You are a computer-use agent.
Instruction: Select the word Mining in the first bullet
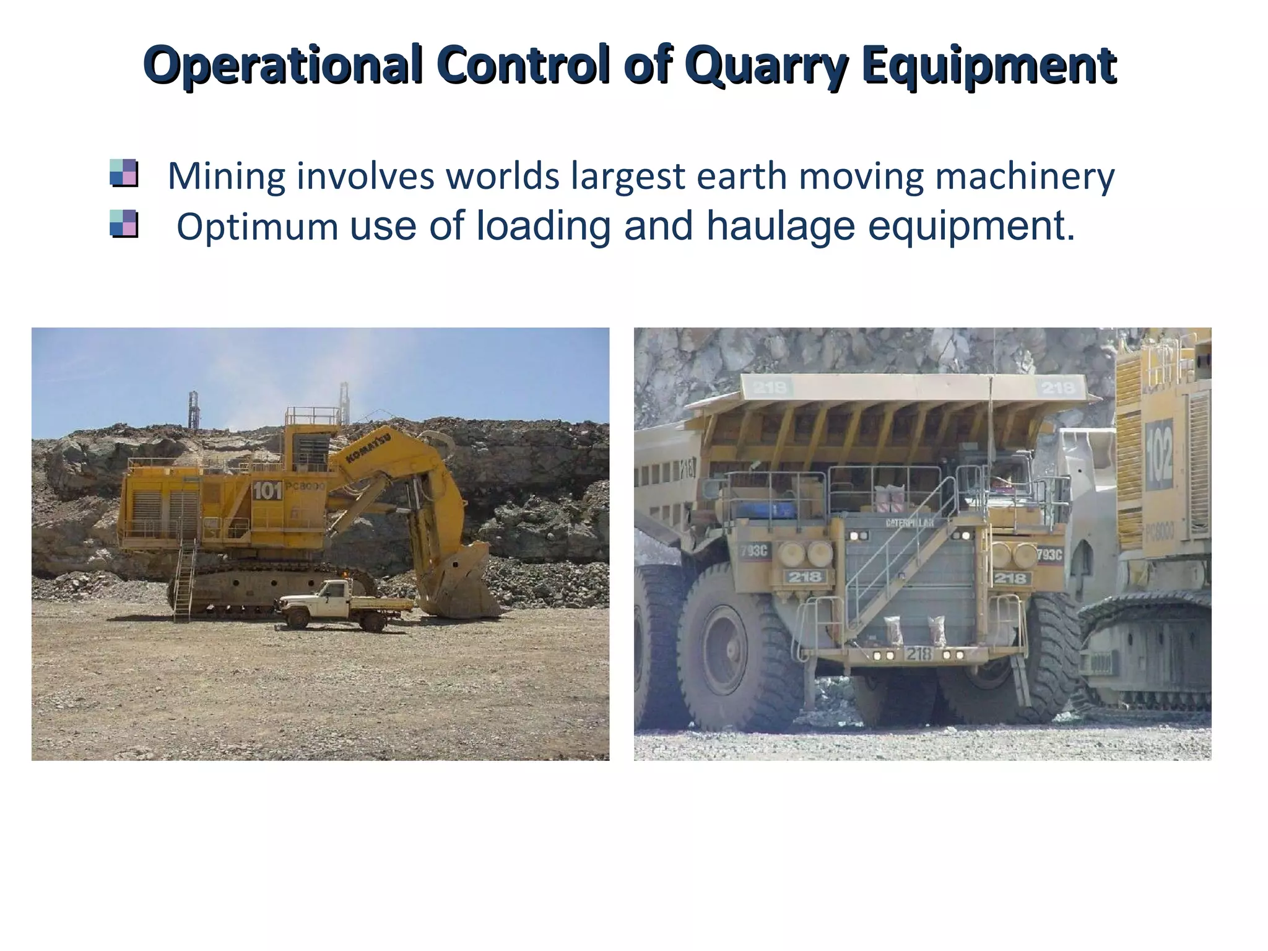coord(227,176)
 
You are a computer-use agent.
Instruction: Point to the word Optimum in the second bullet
coord(257,227)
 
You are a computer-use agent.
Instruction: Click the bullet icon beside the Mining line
coord(123,173)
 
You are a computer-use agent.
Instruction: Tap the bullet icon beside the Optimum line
coord(123,224)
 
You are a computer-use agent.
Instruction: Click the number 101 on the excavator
coord(267,491)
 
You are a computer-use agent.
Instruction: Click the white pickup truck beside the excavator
coord(342,605)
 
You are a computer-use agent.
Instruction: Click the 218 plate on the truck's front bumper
coord(918,654)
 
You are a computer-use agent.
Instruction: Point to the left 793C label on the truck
coord(754,550)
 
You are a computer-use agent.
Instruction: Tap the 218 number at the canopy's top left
coord(770,388)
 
